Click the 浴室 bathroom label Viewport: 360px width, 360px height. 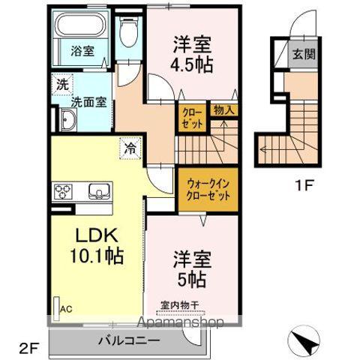[82, 51]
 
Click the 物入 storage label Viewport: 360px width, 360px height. [223, 109]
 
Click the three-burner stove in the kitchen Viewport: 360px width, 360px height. [62, 190]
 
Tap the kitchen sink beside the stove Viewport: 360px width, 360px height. [97, 190]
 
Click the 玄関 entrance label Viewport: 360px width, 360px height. [304, 55]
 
